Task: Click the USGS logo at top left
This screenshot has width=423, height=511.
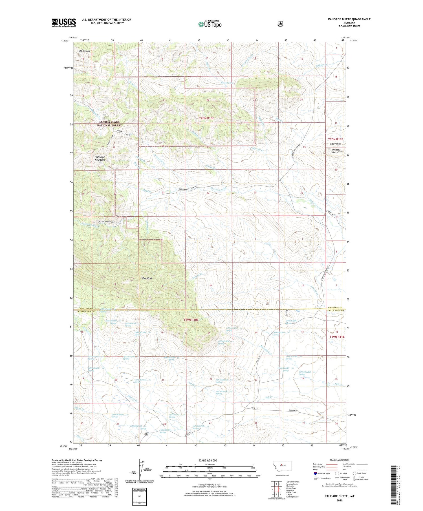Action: pyautogui.click(x=64, y=23)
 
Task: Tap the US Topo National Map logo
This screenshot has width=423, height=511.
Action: pyautogui.click(x=210, y=24)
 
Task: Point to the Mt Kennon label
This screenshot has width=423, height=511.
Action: pyautogui.click(x=84, y=51)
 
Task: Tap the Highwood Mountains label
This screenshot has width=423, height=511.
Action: pyautogui.click(x=100, y=158)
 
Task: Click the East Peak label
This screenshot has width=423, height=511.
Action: pyautogui.click(x=147, y=278)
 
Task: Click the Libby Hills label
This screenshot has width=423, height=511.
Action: pyautogui.click(x=336, y=144)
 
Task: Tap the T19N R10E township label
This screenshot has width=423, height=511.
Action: pyautogui.click(x=191, y=320)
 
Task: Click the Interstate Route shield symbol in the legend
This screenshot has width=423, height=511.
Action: pyautogui.click(x=315, y=473)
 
